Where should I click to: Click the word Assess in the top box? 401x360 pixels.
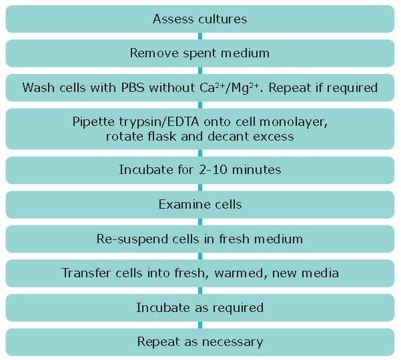172,19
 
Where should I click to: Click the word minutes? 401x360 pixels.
256,169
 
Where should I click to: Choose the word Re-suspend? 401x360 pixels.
132,239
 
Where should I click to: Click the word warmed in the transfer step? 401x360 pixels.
239,273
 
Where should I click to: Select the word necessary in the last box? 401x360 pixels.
232,343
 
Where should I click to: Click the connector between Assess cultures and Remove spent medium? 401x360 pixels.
200,36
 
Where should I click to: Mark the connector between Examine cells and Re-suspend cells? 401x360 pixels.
200,222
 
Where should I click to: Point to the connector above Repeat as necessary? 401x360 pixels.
200,325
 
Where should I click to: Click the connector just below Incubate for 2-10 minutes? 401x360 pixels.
200,187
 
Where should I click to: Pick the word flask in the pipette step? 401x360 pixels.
162,136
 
